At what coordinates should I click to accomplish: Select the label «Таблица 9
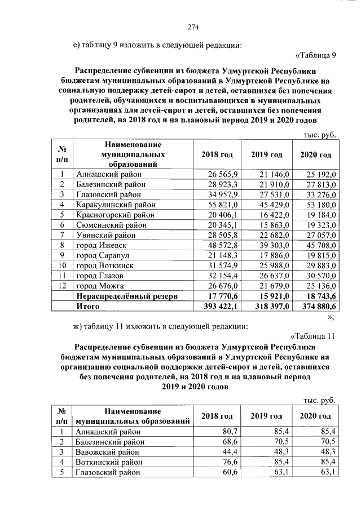point(316,55)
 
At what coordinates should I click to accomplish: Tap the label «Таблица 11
point(314,336)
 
